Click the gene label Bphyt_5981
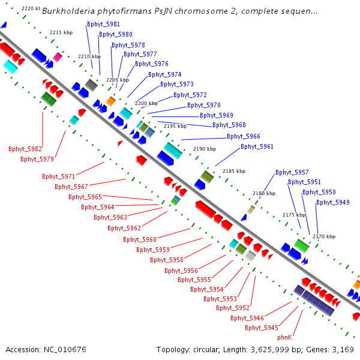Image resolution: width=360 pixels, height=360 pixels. (x=103, y=24)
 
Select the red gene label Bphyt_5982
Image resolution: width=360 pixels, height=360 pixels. (x=25, y=149)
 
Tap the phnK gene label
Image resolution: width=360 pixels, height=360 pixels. (x=284, y=338)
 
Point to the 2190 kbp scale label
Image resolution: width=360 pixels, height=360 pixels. (x=204, y=149)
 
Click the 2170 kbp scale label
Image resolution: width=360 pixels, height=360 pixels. (x=323, y=237)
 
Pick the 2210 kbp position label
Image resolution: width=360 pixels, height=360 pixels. (x=89, y=56)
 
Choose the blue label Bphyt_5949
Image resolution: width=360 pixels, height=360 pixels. (x=333, y=203)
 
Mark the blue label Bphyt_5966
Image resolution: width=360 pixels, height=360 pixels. (x=244, y=137)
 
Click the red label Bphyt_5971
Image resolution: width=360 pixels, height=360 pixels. (x=59, y=177)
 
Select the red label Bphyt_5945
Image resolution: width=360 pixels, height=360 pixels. (x=262, y=328)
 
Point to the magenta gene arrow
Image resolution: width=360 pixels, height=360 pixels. (x=58, y=57)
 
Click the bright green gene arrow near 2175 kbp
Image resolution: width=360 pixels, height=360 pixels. (x=301, y=245)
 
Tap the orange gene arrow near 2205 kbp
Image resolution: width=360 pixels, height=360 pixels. (x=111, y=101)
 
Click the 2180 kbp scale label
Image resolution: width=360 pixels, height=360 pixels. (x=263, y=194)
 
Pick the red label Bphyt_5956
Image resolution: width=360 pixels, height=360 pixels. (x=181, y=271)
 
